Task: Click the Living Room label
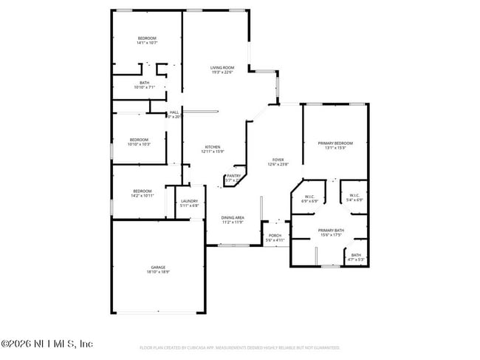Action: point(222,68)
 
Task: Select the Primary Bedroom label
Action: point(335,143)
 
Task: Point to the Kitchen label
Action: point(212,147)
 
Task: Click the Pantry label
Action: point(233,176)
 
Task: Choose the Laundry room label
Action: point(189,201)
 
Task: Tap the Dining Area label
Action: point(234,218)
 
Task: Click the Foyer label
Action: point(278,160)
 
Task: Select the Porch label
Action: point(275,236)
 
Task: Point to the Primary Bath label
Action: point(331,231)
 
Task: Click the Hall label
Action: point(174,112)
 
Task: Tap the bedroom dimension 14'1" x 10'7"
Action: point(147,43)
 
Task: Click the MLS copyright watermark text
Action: point(47,344)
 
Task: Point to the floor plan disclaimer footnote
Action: point(240,347)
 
